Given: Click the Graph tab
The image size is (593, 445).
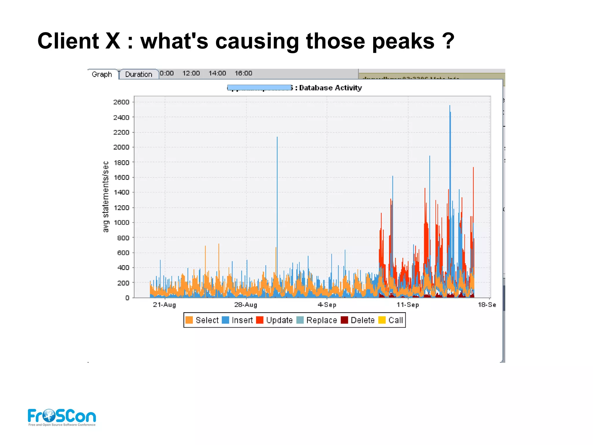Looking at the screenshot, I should click(102, 75).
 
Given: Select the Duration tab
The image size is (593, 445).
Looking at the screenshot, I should click(138, 75).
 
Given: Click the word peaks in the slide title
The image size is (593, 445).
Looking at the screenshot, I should click(403, 41).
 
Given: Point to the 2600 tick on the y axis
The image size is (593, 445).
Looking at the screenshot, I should click(121, 102).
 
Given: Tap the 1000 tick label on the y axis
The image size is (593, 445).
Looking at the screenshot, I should click(121, 223).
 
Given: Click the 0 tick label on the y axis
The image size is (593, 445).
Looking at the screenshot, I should click(127, 298).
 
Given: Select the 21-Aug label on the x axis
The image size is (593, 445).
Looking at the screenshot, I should click(164, 305).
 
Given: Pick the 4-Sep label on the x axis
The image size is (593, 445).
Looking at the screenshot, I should click(327, 305).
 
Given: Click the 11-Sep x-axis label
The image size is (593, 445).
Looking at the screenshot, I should click(408, 305).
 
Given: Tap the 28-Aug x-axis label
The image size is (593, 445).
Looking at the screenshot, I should click(246, 305).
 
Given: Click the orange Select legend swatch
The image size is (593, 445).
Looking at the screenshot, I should click(189, 320).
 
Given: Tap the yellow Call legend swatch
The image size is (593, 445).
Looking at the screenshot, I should click(382, 320).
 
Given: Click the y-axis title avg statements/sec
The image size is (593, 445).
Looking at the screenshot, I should click(106, 197).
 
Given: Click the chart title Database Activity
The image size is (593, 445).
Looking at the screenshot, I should click(330, 88).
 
